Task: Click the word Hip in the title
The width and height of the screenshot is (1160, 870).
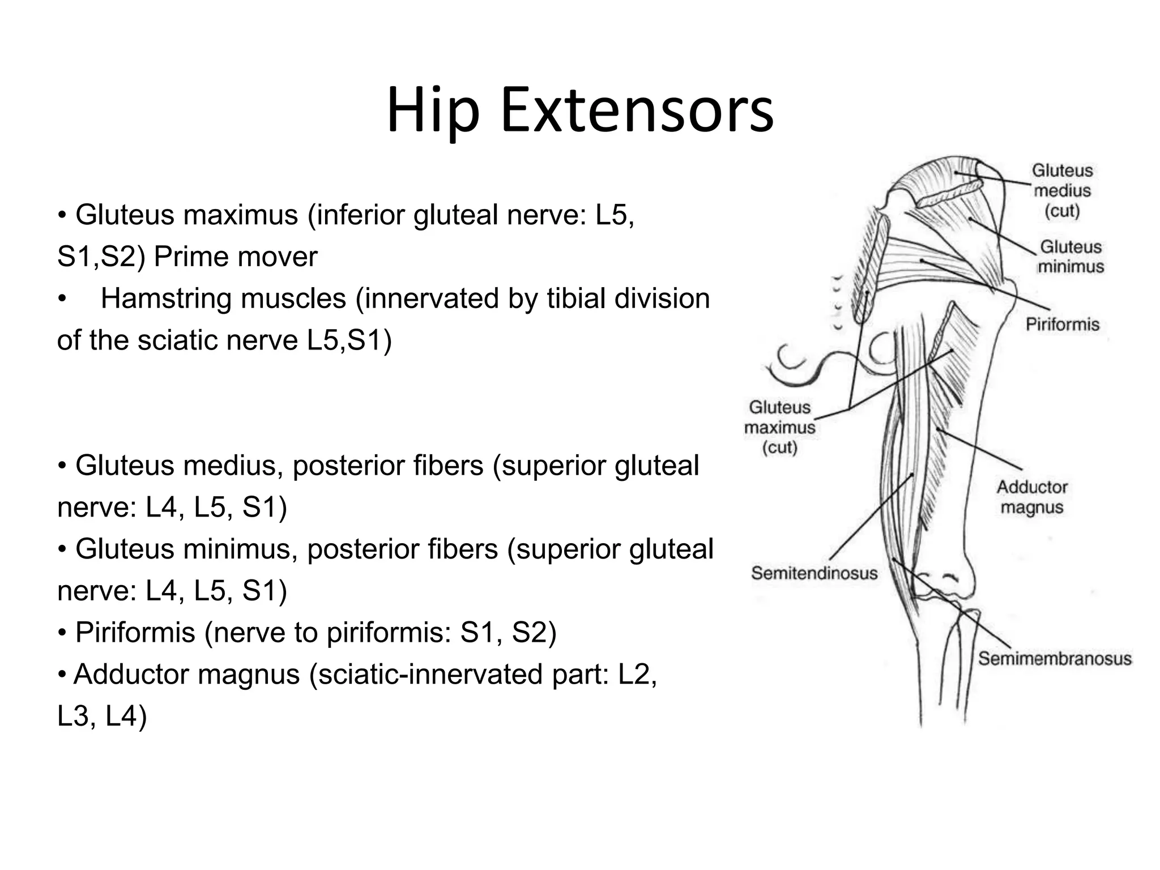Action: point(433,112)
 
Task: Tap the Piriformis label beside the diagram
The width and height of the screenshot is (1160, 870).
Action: point(1062,325)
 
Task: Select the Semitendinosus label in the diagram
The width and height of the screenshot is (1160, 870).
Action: point(814,573)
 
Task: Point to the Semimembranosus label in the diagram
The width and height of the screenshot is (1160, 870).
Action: point(1055,658)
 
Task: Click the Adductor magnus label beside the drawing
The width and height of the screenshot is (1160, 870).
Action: point(1031,497)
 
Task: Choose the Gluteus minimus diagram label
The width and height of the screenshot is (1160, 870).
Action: point(1071,257)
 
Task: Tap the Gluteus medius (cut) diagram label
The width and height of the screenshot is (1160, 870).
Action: point(1062,190)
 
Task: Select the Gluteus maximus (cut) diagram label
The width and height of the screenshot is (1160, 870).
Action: point(779,427)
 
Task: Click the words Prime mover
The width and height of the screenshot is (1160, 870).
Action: point(236,257)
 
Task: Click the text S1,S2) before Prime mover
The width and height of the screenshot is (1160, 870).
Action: point(101,257)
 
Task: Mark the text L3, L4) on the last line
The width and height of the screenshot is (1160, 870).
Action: point(102,717)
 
